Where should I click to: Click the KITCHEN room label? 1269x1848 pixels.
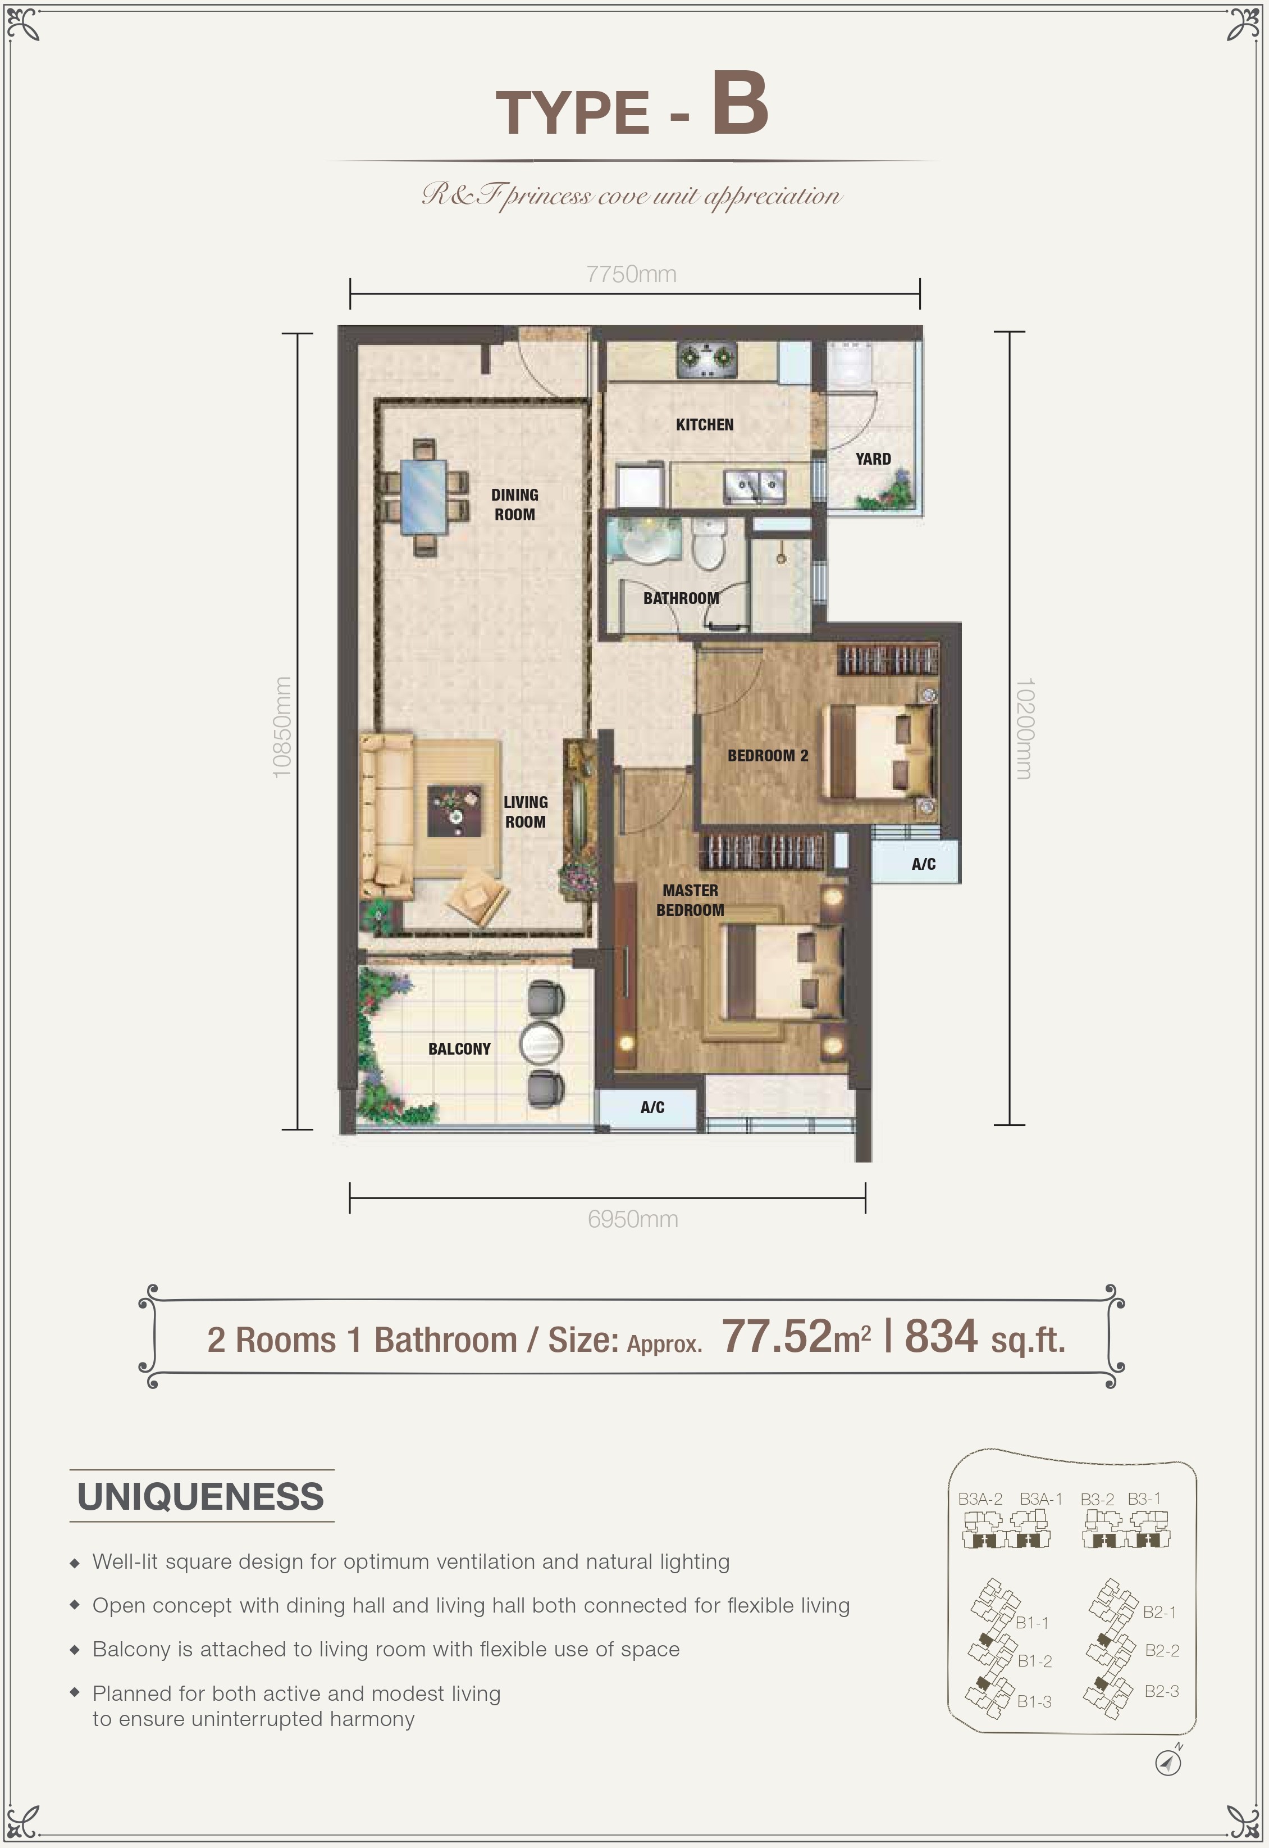tap(705, 425)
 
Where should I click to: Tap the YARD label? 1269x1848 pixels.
tap(873, 459)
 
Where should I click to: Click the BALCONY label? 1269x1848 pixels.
tap(459, 1049)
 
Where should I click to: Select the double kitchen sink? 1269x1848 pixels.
tap(754, 485)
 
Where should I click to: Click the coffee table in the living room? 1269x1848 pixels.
tap(454, 811)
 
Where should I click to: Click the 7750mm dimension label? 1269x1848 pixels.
tap(631, 274)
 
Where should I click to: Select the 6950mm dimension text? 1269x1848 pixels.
tap(633, 1219)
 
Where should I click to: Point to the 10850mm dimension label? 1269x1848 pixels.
tap(282, 727)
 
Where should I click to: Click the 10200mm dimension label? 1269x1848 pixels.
tap(1024, 729)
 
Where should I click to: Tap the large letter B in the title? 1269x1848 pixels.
tap(740, 103)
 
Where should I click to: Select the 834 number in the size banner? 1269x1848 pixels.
tap(941, 1337)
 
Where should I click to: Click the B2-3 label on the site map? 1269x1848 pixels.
tap(1162, 1691)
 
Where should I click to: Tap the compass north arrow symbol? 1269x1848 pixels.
tap(1168, 1762)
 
